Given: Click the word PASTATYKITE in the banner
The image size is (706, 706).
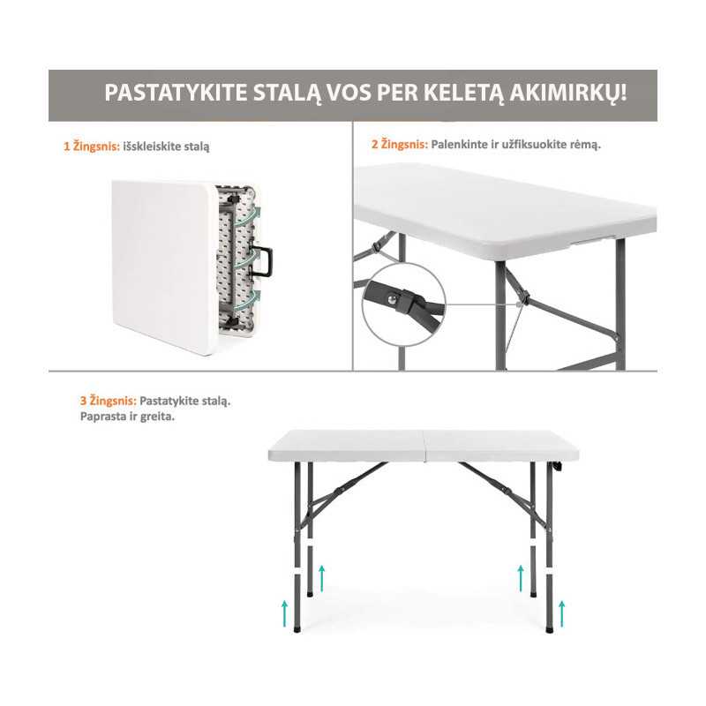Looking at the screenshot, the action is (176, 93).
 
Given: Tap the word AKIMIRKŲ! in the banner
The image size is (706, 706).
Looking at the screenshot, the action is (568, 94).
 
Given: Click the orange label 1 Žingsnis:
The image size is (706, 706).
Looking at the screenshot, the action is (92, 146).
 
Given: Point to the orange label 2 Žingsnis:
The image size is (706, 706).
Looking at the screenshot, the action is (400, 145).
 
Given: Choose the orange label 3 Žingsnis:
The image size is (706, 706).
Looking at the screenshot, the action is (109, 401).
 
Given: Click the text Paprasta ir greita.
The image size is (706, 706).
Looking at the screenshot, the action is (127, 417).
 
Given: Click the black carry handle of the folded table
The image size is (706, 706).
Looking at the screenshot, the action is (263, 261).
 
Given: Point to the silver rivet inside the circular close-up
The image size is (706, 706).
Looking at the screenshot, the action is (393, 298).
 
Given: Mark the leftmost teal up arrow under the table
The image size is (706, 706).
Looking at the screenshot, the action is (284, 613).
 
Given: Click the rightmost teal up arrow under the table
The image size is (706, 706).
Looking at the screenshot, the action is (561, 613).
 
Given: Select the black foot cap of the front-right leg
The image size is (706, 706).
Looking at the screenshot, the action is (549, 629).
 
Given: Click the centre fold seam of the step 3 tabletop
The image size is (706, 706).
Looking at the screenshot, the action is (424, 446).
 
